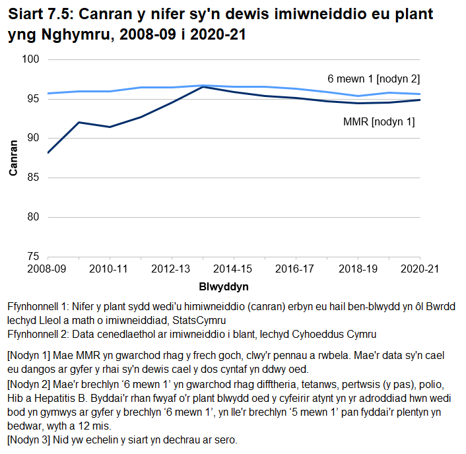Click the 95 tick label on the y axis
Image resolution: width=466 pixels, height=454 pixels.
(35, 99)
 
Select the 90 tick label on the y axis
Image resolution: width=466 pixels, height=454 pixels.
(35, 138)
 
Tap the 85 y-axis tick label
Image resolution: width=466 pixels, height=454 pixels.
(35, 178)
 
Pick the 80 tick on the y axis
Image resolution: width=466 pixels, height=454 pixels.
(35, 217)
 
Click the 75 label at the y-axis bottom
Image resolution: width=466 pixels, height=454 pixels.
(35, 256)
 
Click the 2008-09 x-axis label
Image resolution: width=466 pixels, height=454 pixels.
(47, 269)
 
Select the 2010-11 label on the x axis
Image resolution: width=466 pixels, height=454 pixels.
(109, 269)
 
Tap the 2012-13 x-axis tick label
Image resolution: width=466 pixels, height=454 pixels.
(171, 269)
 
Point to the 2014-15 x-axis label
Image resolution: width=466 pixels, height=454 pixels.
(233, 269)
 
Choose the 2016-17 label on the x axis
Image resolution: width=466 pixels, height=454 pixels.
(295, 269)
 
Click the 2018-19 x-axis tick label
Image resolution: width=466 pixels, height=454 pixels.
(357, 269)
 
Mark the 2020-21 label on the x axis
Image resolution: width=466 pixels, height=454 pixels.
(419, 269)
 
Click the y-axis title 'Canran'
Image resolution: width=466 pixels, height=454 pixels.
(13, 158)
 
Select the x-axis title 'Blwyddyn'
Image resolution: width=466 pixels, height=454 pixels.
(223, 287)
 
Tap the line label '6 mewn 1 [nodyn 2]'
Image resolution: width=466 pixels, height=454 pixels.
(374, 79)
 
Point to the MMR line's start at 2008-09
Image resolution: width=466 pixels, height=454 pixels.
(48, 153)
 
